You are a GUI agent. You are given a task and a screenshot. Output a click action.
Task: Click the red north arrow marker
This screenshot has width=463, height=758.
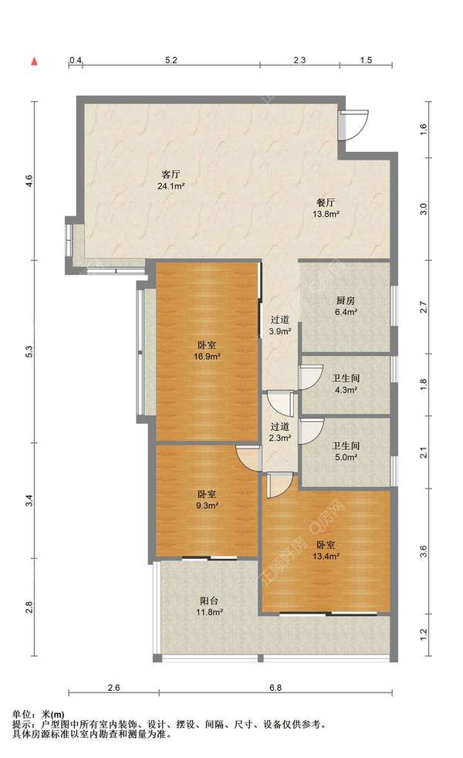click(x=34, y=61)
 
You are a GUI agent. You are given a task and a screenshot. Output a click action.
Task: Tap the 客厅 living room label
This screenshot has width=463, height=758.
click(x=171, y=179)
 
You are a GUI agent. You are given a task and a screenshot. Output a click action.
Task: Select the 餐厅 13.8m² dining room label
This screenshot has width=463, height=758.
click(x=326, y=208)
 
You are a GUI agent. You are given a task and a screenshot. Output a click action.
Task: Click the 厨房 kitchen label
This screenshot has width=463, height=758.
click(x=346, y=306)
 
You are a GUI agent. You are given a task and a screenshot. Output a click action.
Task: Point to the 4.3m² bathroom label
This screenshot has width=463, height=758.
click(x=346, y=384)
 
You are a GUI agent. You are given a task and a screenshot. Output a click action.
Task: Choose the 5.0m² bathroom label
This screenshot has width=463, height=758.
click(x=346, y=451)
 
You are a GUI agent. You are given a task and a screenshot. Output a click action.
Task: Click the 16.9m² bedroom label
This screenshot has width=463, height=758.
click(x=207, y=351)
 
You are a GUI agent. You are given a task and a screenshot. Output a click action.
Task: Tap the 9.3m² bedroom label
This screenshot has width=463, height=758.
click(x=207, y=500)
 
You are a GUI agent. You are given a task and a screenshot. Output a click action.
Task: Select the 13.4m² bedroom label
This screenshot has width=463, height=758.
click(x=326, y=550)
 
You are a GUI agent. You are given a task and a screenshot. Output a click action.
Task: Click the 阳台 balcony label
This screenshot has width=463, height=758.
click(x=209, y=607)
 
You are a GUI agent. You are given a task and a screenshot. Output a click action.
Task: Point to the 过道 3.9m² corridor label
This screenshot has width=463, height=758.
click(x=280, y=325)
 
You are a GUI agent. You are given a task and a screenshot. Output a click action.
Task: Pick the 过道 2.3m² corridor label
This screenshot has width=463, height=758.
click(x=280, y=432)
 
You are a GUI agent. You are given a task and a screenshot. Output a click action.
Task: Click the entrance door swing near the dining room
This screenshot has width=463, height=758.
click(x=353, y=125)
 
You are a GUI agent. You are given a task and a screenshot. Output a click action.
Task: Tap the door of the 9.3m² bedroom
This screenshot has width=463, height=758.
click(x=248, y=458)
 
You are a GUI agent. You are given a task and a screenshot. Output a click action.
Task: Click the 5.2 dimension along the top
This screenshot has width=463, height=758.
click(x=171, y=60)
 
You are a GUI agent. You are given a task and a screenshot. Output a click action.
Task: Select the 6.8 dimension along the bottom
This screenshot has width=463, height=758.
click(x=275, y=688)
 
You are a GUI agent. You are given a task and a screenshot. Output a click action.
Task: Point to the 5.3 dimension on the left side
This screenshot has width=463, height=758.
click(x=29, y=351)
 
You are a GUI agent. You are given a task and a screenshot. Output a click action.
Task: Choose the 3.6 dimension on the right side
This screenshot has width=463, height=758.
click(x=424, y=551)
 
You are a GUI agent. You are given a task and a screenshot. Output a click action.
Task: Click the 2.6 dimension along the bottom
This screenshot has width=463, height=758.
click(x=113, y=688)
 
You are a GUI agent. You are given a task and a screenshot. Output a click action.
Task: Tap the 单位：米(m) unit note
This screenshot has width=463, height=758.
click(x=38, y=715)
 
